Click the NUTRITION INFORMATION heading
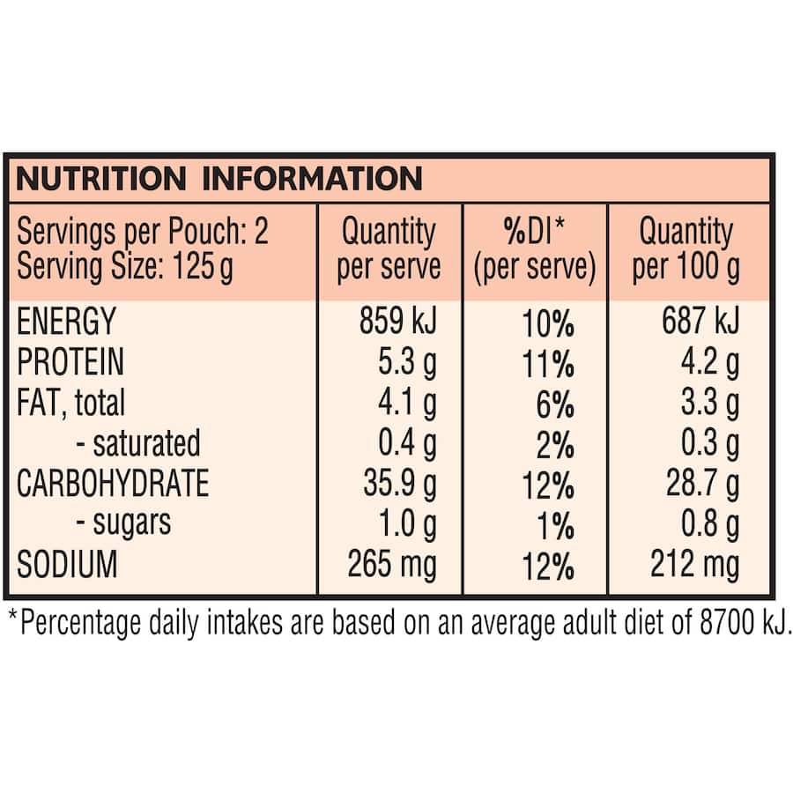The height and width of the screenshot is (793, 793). [219, 180]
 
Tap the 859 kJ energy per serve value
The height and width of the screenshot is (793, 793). [397, 322]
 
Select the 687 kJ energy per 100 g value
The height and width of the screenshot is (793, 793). [700, 322]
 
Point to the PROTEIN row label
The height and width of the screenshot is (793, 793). [70, 362]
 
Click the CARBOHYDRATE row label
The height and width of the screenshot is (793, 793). [113, 484]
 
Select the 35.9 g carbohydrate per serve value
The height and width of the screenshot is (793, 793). [399, 484]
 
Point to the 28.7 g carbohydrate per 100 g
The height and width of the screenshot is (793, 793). [702, 484]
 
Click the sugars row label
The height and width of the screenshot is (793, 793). [122, 523]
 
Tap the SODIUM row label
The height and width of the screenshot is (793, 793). [67, 564]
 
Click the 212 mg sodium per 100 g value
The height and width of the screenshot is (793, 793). [695, 564]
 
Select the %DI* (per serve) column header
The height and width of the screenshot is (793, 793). [535, 249]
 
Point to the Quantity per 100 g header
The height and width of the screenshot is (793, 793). [686, 249]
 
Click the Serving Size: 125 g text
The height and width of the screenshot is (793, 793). [125, 266]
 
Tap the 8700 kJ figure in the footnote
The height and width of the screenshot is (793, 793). [739, 623]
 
